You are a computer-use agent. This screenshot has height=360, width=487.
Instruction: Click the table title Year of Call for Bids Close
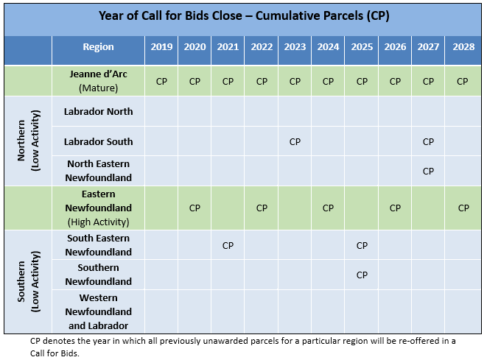tap(170, 15)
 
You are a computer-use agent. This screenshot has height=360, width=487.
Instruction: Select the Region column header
tap(98, 47)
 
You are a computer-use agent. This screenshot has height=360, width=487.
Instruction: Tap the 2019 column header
tap(161, 47)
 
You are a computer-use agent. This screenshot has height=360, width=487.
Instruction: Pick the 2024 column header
tap(328, 47)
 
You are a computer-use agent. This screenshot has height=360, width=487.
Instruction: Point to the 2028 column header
tap(463, 47)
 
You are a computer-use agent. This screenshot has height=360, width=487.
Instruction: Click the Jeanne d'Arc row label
tap(98, 81)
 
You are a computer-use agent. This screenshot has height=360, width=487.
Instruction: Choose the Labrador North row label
tap(98, 111)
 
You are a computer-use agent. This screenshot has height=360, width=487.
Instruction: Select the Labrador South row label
tap(98, 141)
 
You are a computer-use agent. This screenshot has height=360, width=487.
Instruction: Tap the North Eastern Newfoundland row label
tap(98, 171)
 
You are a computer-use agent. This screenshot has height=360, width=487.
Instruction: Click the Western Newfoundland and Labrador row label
tap(98, 311)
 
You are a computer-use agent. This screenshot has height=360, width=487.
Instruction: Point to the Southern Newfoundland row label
tap(98, 275)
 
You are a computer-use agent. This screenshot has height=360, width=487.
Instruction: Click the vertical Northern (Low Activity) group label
tap(28, 141)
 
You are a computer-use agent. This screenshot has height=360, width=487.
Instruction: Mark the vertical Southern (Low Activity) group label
tap(28, 281)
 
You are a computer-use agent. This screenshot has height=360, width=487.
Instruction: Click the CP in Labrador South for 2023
tap(295, 142)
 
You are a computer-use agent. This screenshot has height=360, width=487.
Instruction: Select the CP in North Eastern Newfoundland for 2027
tap(428, 172)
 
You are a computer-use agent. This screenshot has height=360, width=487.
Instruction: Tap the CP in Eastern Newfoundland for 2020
tap(195, 208)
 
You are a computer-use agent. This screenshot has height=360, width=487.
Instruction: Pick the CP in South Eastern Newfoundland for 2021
tap(228, 246)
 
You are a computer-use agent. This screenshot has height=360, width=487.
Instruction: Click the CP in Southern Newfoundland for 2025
tap(362, 275)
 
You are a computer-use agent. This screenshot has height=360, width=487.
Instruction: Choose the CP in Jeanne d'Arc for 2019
tap(161, 82)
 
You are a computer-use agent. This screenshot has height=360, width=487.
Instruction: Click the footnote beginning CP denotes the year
tap(243, 347)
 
